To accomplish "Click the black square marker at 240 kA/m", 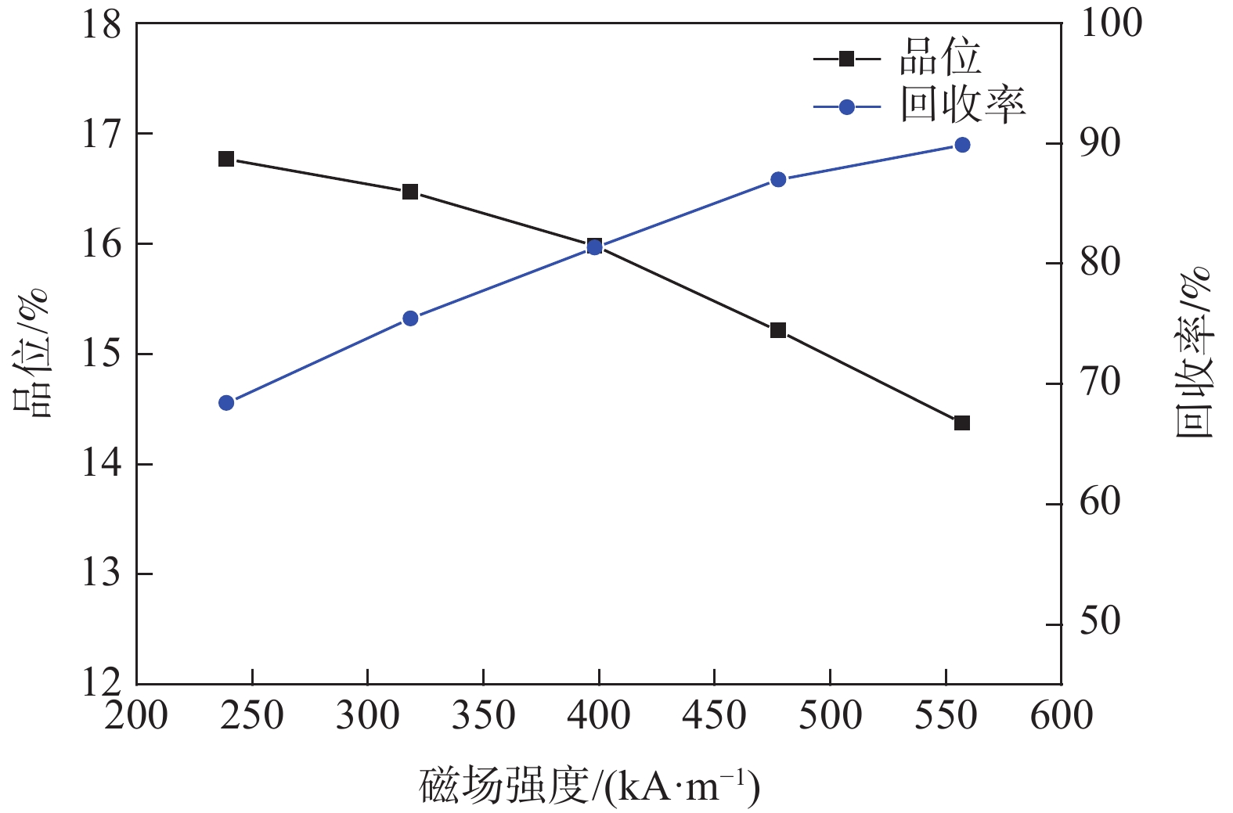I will point(226,159).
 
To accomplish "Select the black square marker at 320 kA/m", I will point(410,192).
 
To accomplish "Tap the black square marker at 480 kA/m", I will point(778,330).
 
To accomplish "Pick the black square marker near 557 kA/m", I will point(962,423).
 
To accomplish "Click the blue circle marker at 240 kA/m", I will point(226,403).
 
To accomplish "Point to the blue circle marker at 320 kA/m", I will point(410,318).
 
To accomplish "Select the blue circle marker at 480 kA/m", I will point(778,179).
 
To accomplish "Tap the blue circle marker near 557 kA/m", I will point(962,145).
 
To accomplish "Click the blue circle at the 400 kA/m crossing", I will point(594,247).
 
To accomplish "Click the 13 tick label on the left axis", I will point(103,574).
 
